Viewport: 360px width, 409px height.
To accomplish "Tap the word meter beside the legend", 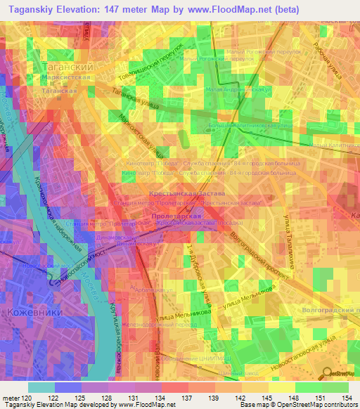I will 11,398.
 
